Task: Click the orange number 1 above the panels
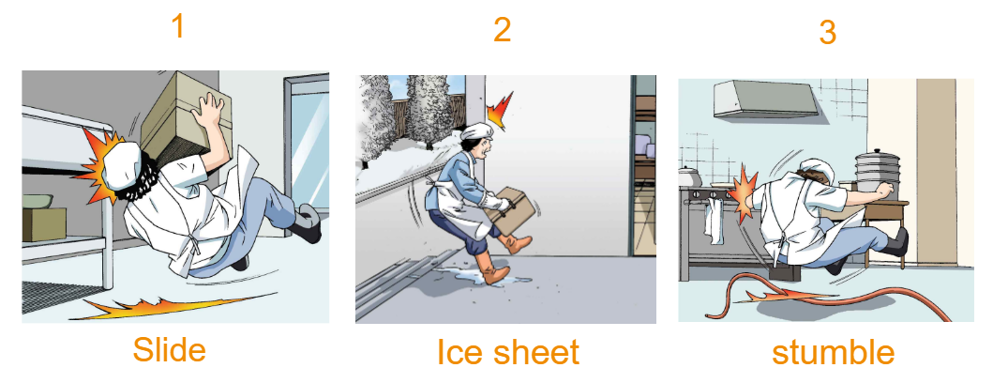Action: (x=179, y=26)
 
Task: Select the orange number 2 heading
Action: (x=503, y=29)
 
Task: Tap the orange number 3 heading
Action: (x=827, y=32)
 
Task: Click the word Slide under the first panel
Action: (x=170, y=349)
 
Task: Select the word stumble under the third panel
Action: (x=833, y=352)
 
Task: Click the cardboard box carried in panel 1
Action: (x=185, y=117)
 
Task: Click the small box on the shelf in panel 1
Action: (x=44, y=224)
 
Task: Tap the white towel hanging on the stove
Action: (x=715, y=220)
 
